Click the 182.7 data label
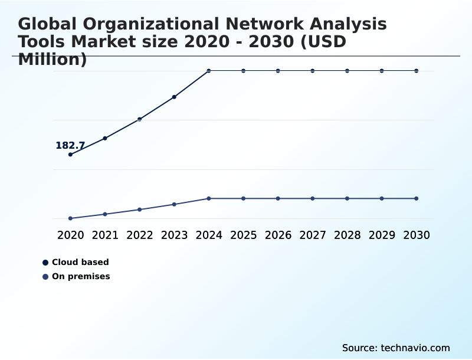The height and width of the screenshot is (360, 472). pyautogui.click(x=70, y=146)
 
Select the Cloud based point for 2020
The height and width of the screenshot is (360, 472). pyautogui.click(x=71, y=155)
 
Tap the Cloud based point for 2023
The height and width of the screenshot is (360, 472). pyautogui.click(x=174, y=97)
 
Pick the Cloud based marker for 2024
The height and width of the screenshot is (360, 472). pyautogui.click(x=209, y=71)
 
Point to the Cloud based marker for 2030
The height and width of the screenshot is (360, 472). pyautogui.click(x=416, y=71)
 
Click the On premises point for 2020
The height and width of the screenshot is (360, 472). pyautogui.click(x=71, y=218)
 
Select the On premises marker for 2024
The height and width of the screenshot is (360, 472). pyautogui.click(x=209, y=198)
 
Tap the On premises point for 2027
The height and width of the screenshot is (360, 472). pyautogui.click(x=313, y=198)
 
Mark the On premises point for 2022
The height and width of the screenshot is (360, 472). pyautogui.click(x=140, y=210)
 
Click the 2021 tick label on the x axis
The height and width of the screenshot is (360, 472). pyautogui.click(x=105, y=235)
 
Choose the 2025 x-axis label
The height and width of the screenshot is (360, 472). pyautogui.click(x=243, y=235)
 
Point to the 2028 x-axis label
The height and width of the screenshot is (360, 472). pyautogui.click(x=347, y=235)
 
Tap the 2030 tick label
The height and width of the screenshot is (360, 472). pyautogui.click(x=416, y=235)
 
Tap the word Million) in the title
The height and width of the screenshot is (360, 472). pyautogui.click(x=53, y=60)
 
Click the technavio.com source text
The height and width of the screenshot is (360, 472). pyautogui.click(x=415, y=348)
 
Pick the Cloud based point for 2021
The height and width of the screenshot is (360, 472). pyautogui.click(x=105, y=138)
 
